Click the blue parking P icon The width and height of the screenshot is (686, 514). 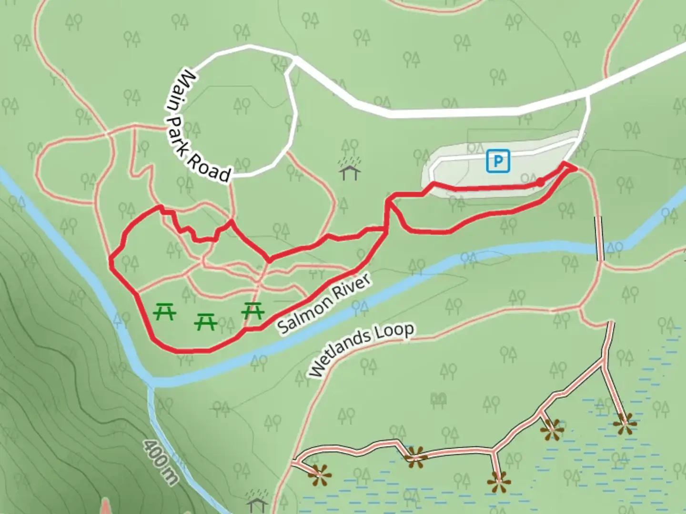(x=498, y=161)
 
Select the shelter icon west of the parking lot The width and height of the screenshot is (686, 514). (x=350, y=170)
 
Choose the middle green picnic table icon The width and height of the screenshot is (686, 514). (x=206, y=322)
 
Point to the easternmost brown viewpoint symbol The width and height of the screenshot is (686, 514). (x=625, y=423)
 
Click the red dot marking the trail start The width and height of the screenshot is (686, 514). (x=540, y=182)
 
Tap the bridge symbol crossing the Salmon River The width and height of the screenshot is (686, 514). (x=599, y=238)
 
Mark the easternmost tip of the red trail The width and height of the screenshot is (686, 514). (x=575, y=168)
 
